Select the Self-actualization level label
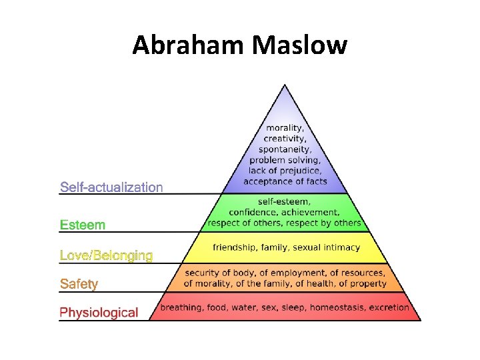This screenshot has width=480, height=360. [x=111, y=187]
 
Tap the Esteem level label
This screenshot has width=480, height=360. [x=83, y=225]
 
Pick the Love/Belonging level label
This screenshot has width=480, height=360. [x=106, y=255]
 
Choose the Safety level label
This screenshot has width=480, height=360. [x=79, y=284]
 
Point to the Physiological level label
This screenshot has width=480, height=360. [x=99, y=312]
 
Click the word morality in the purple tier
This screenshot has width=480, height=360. [x=285, y=128]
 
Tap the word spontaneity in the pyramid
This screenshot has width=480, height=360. [x=285, y=149]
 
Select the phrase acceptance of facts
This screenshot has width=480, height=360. [x=285, y=181]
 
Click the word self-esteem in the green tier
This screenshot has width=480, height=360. [x=285, y=202]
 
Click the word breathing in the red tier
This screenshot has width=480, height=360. [x=181, y=307]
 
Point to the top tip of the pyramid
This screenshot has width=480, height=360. [x=285, y=85]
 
